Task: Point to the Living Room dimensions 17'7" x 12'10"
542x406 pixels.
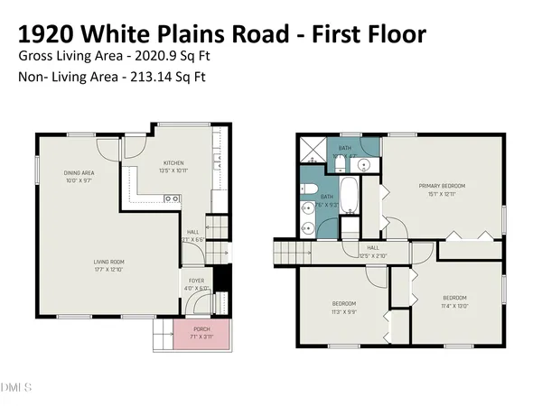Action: (108, 268)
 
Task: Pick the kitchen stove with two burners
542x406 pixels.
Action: (173, 198)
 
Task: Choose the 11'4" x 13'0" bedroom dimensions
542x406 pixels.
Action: (454, 304)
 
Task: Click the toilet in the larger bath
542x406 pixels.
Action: (308, 189)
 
